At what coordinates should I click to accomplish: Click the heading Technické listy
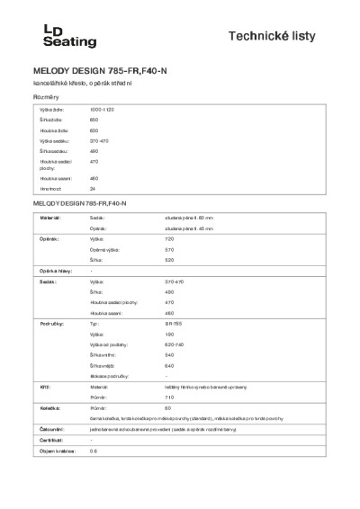tap(284, 37)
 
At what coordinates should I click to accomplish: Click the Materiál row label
tap(50, 218)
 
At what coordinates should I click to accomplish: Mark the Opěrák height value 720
tap(169, 240)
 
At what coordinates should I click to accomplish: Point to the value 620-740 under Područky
tap(174, 344)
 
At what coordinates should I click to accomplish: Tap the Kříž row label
tap(44, 384)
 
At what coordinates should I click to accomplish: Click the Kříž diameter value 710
tap(169, 396)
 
